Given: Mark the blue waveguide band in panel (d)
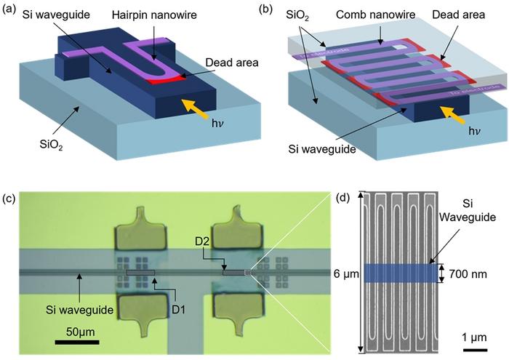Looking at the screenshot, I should (x=400, y=273).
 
